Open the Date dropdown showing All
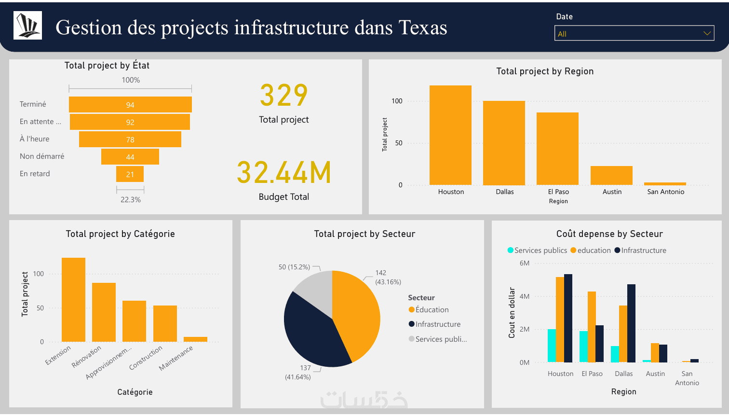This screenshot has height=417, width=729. tap(634, 33)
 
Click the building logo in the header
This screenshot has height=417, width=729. tap(27, 25)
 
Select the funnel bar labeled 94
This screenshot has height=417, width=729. tap(130, 105)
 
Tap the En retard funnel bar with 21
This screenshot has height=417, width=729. tap(130, 174)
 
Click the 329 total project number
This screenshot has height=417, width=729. tap(283, 95)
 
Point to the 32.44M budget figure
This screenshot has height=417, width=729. tap(283, 173)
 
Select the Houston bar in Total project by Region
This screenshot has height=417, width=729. tap(450, 135)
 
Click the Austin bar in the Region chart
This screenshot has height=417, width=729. tap(611, 176)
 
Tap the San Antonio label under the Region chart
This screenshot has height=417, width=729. tap(665, 192)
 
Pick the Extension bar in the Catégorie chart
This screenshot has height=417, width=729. tap(73, 299)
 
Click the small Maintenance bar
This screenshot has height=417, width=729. tap(195, 339)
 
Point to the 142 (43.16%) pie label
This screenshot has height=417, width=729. tap(387, 278)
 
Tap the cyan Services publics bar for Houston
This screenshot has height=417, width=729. tap(552, 346)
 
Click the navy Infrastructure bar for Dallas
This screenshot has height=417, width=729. tap(631, 323)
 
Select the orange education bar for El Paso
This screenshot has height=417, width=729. tap(592, 327)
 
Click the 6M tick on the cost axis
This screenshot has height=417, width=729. tap(524, 263)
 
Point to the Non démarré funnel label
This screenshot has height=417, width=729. tap(42, 156)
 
